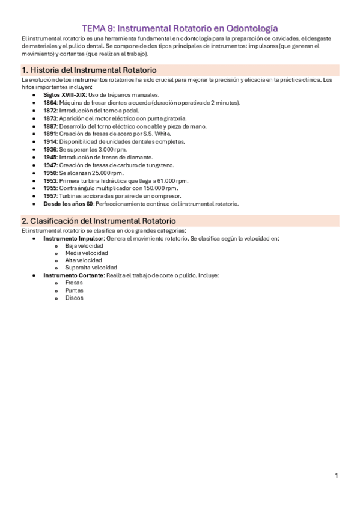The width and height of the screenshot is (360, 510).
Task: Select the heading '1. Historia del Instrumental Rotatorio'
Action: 89,70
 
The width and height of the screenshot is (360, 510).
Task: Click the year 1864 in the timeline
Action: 50,103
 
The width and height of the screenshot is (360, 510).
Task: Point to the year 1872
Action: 50,111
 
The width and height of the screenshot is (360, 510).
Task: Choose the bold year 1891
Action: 50,134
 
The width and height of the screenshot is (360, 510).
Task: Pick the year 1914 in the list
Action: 50,142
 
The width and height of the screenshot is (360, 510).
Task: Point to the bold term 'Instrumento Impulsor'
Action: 73,238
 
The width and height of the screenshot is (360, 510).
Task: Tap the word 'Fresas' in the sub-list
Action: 74,283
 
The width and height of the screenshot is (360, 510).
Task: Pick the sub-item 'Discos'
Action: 74,298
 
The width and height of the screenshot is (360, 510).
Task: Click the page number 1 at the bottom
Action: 337,476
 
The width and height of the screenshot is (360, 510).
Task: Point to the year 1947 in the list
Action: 50,165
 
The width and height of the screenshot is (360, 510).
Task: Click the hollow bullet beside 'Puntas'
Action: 56,290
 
